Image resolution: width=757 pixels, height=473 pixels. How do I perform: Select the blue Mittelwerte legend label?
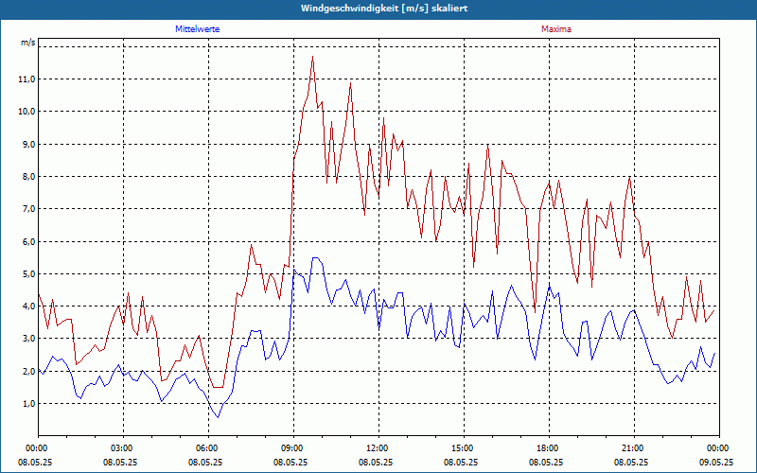(198, 29)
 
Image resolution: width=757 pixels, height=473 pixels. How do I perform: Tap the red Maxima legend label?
(555, 29)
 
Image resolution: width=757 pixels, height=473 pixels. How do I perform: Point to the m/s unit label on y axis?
(27, 44)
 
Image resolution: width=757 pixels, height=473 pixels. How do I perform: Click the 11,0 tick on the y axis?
(26, 79)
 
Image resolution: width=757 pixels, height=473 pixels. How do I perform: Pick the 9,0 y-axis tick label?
(26, 145)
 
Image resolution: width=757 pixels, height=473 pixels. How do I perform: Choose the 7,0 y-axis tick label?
(26, 209)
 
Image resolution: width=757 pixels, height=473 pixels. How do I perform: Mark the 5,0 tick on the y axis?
(26, 274)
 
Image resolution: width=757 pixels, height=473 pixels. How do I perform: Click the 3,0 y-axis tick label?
(26, 339)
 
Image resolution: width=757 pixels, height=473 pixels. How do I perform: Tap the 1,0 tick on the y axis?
(26, 404)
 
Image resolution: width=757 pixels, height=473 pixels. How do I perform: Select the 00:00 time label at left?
(37, 447)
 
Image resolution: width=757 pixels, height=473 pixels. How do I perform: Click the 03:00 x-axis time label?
(122, 447)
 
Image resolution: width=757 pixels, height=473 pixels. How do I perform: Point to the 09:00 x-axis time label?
(292, 447)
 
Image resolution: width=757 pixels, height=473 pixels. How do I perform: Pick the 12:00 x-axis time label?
(378, 447)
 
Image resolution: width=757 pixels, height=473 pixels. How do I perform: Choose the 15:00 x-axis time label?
(463, 447)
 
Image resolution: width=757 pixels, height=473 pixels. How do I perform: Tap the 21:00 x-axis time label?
(633, 447)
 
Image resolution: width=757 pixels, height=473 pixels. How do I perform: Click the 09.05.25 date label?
(717, 463)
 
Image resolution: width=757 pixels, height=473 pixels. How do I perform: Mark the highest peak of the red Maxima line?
(312, 57)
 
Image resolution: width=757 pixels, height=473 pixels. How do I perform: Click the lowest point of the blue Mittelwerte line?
(219, 417)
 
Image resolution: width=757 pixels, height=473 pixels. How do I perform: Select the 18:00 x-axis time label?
(548, 447)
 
